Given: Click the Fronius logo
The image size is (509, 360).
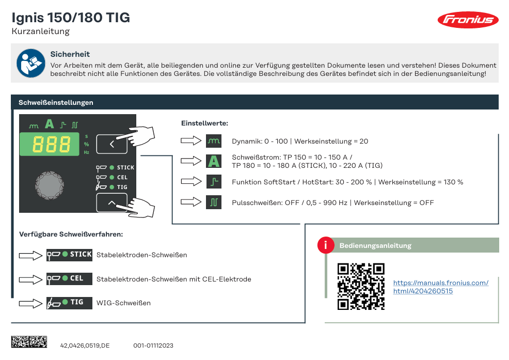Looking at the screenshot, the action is pos(468,20).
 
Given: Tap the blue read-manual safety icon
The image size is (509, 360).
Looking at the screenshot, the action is pos(31,63).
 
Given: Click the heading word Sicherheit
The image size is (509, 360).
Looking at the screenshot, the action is pos(70,54).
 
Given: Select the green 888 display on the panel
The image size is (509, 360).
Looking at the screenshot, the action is pos(50,144).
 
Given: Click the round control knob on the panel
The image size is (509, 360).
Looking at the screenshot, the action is pos(50,185).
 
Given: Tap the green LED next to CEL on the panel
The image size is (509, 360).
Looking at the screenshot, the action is pos(112,177).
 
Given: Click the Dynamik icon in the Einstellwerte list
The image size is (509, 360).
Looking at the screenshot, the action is pos(214,141).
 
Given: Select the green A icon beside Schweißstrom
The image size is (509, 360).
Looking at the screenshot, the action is pos(214,161).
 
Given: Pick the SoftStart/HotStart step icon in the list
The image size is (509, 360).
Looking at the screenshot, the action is pos(214,182).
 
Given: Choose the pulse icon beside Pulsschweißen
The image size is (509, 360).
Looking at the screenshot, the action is pos(214,202).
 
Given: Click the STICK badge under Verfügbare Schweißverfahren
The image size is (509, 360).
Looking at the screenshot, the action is pos(69,255).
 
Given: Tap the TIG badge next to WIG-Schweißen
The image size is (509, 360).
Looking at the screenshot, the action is pos(69,303).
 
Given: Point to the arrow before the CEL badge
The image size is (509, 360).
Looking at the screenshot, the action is pos(30,279).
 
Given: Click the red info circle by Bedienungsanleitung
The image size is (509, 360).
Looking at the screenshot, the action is pos(326,245).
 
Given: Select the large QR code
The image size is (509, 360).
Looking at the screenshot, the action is pos(361,286).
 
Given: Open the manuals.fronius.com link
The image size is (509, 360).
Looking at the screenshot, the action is pos(440,287).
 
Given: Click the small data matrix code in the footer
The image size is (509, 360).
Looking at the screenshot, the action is pos(29,342).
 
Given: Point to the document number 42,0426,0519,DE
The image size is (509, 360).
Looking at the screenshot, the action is pos(85,346).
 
